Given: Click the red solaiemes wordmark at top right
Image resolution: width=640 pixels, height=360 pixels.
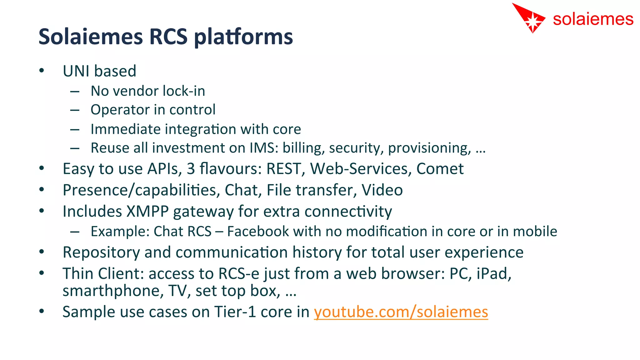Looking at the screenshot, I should [x=593, y=19].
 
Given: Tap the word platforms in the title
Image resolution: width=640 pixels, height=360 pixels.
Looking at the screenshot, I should [x=243, y=37].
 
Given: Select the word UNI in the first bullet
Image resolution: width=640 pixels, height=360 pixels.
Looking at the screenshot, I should [x=76, y=71].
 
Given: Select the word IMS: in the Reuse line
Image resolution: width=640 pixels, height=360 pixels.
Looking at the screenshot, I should [x=264, y=148].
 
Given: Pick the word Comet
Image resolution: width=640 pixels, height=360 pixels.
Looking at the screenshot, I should [x=440, y=169].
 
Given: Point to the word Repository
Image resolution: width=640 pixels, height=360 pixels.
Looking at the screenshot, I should [x=101, y=252].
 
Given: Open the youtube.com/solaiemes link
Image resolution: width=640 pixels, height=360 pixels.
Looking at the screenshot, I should [x=401, y=312].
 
